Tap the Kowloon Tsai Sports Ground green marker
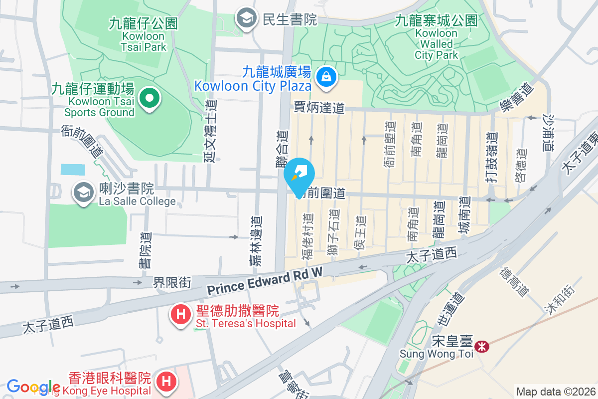(148, 97)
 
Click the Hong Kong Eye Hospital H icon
(166, 382)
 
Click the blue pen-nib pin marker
(299, 176)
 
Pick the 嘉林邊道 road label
(256, 240)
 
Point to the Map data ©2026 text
(555, 392)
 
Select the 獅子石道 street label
(333, 232)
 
